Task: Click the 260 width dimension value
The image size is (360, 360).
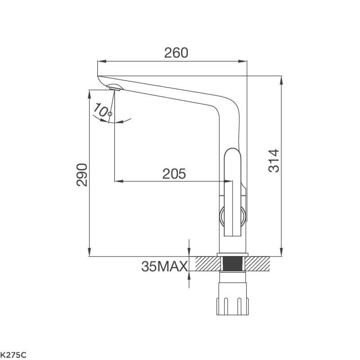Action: (x=176, y=53)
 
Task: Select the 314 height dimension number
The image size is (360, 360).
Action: (x=274, y=161)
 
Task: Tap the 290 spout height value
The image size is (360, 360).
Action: (x=82, y=175)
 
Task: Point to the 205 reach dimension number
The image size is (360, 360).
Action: (x=174, y=174)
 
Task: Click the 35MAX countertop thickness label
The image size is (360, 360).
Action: (x=164, y=266)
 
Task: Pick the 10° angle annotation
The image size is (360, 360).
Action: (x=102, y=110)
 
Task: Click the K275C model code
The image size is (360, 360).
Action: (x=13, y=355)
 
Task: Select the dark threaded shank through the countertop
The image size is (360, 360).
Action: (x=232, y=264)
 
